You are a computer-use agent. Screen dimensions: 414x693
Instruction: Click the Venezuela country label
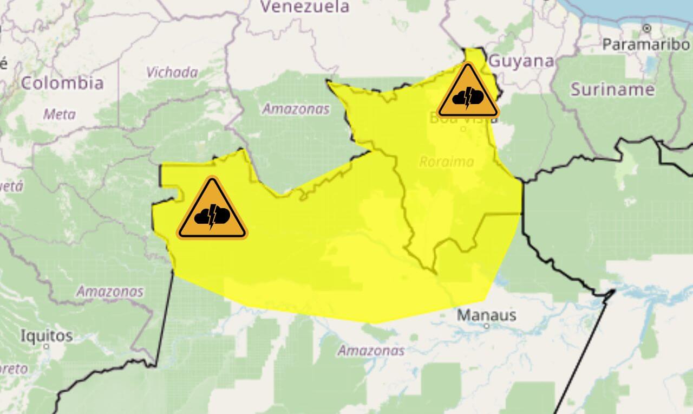click(305, 7)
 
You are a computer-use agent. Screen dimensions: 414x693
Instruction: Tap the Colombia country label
click(62, 83)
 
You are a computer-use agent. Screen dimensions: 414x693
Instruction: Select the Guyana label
click(522, 61)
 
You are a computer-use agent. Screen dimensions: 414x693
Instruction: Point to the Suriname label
click(612, 89)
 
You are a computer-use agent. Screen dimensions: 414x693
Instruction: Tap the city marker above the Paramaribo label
click(646, 28)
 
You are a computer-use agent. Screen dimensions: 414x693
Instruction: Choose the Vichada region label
click(172, 73)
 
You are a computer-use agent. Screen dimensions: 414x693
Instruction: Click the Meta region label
click(60, 114)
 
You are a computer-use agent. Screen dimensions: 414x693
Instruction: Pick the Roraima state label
click(446, 161)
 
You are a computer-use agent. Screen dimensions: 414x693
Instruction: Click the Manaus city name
click(487, 314)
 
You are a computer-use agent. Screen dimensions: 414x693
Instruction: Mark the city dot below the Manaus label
click(486, 326)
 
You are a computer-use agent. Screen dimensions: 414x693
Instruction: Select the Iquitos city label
click(47, 335)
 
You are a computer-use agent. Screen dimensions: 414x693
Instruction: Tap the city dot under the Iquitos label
click(47, 346)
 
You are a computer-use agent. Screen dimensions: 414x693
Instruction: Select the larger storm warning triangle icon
click(212, 211)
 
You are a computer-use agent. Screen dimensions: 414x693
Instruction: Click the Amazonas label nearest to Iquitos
click(110, 292)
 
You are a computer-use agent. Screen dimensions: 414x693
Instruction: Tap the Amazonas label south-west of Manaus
click(371, 350)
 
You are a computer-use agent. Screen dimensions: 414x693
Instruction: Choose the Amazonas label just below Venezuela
click(296, 109)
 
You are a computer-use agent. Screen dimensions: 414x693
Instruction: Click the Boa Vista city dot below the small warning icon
click(463, 129)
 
